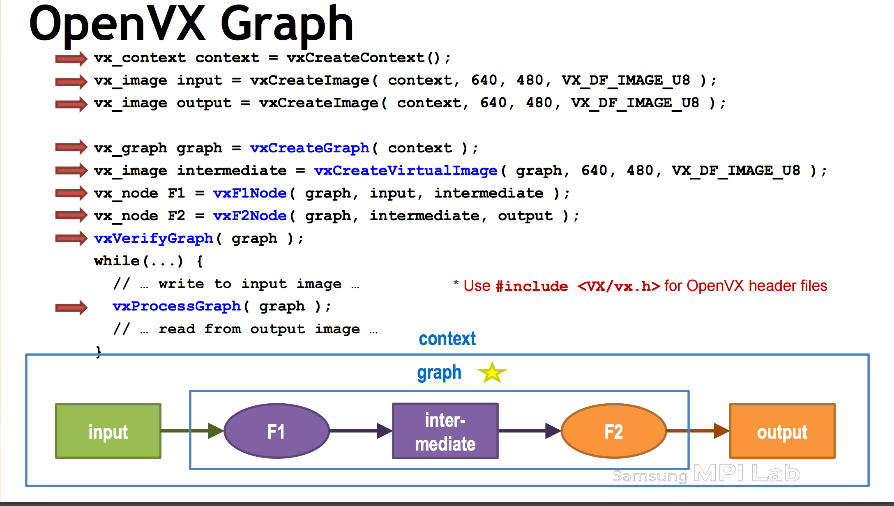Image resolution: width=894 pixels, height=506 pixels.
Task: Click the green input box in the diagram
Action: pyautogui.click(x=108, y=431)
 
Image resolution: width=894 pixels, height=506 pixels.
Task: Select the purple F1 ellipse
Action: pyautogui.click(x=276, y=431)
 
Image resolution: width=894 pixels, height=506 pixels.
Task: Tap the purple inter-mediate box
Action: pyautogui.click(x=445, y=431)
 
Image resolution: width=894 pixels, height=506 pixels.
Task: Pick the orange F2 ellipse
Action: pyautogui.click(x=613, y=431)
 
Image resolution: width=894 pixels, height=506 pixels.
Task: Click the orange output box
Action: pyautogui.click(x=782, y=431)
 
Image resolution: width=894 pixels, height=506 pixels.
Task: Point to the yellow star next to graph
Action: pyautogui.click(x=492, y=373)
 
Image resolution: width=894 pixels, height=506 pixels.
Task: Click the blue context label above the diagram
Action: pyautogui.click(x=447, y=339)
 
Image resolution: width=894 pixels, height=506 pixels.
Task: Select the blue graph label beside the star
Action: pyautogui.click(x=439, y=373)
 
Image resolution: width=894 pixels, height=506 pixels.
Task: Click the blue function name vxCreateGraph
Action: pyautogui.click(x=310, y=148)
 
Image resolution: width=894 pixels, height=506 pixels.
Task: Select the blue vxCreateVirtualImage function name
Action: pyautogui.click(x=406, y=170)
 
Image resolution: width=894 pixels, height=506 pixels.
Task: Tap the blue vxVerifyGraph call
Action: pyautogui.click(x=154, y=238)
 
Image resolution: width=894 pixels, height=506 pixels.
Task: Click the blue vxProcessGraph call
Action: pyautogui.click(x=177, y=306)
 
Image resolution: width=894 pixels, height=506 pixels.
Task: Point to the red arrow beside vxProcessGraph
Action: pyautogui.click(x=71, y=307)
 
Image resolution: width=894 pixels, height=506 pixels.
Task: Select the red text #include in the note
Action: pyautogui.click(x=532, y=286)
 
